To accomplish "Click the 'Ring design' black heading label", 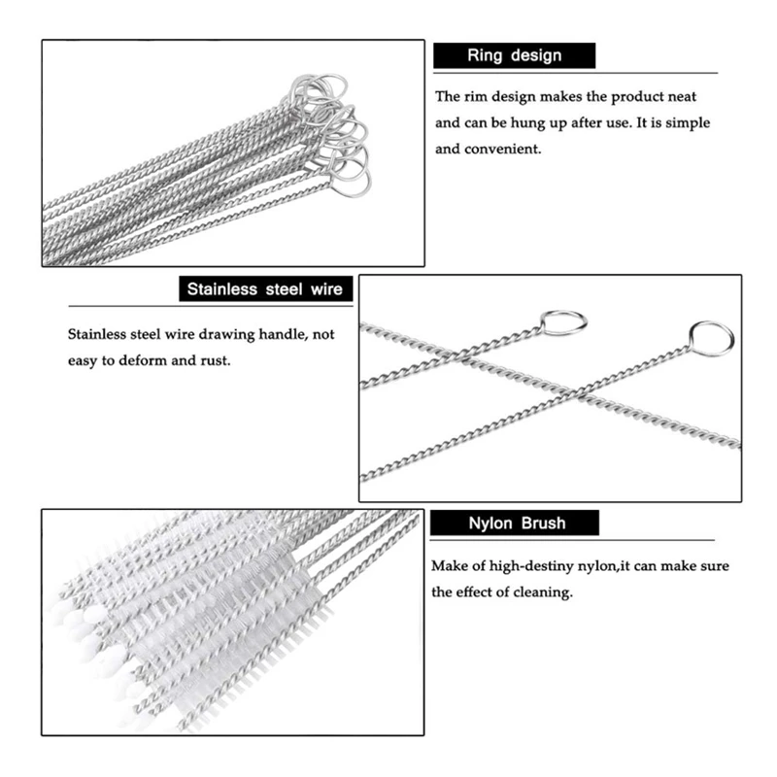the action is pyautogui.click(x=514, y=56).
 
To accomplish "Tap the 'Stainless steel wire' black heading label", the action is pyautogui.click(x=266, y=288).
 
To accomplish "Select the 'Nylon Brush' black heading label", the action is pyautogui.click(x=515, y=524).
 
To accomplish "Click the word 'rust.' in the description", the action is pyautogui.click(x=215, y=360).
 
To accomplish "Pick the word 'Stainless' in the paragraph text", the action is pyautogui.click(x=96, y=334).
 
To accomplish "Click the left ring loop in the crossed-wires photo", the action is pyautogui.click(x=563, y=321).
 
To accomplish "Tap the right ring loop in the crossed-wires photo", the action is pyautogui.click(x=711, y=337).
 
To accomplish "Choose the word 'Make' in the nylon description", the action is pyautogui.click(x=449, y=565).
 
